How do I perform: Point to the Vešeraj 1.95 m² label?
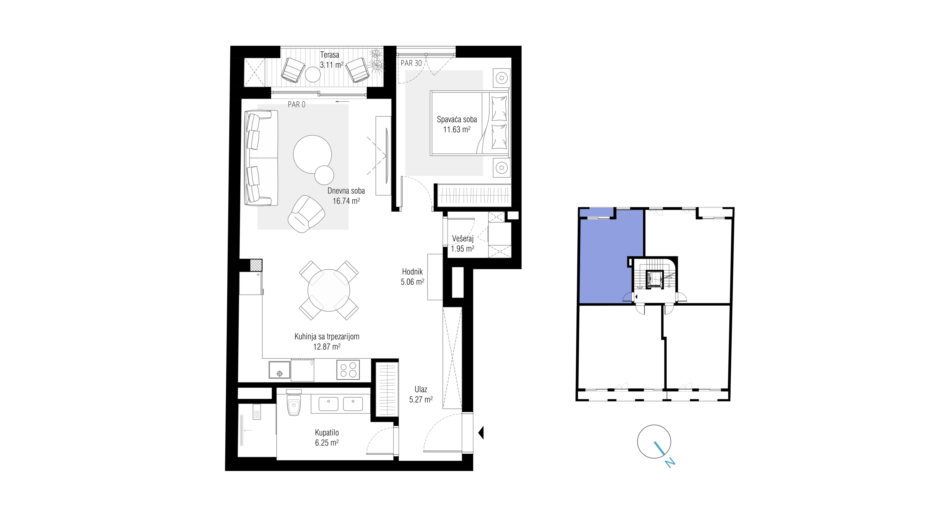[463, 244]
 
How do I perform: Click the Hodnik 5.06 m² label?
[413, 277]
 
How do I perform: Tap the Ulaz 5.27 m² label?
[421, 394]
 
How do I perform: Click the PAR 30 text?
[411, 63]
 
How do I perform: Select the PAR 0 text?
[296, 104]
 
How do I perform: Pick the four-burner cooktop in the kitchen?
[348, 370]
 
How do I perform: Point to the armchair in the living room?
[306, 214]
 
